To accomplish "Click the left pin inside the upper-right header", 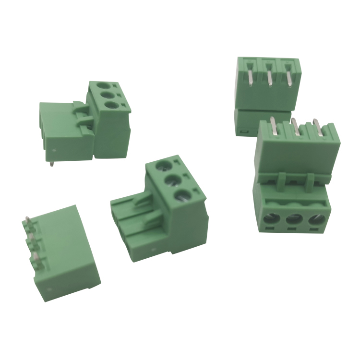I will [x=251, y=77].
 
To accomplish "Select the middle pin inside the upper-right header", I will [x=270, y=77].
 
